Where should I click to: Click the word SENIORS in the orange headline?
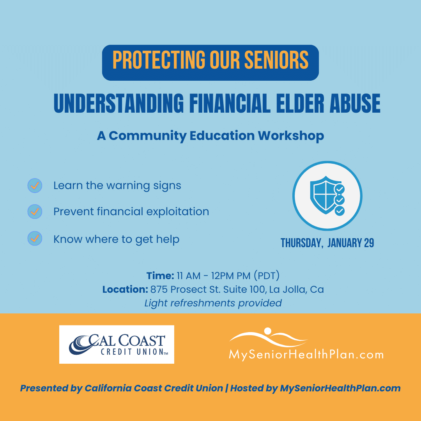[x=276, y=60]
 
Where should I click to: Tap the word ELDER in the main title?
[x=300, y=103]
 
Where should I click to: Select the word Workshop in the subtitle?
[x=291, y=136]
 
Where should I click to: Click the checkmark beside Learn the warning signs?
[x=35, y=186]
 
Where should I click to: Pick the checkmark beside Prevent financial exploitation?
[x=35, y=212]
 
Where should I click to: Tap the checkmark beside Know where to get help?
[x=35, y=239]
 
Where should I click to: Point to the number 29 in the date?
[x=369, y=243]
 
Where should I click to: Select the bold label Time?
[x=160, y=276]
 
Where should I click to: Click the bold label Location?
[x=125, y=289]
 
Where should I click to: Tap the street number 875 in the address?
[x=159, y=289]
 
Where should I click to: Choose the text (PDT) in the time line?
[x=267, y=276]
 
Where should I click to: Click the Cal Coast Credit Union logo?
[x=117, y=345]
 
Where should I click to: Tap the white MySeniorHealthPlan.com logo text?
[x=306, y=354]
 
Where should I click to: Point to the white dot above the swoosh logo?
[x=268, y=331]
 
